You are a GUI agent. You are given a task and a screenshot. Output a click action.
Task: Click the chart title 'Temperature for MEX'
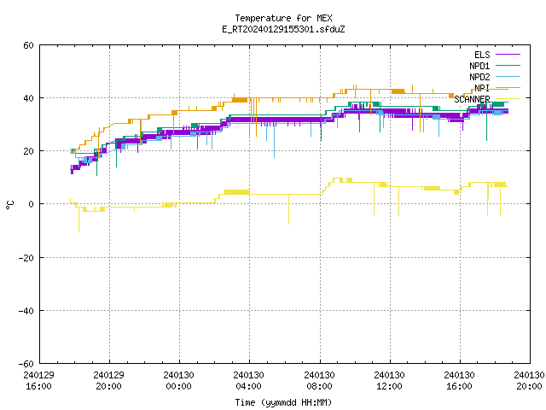click(283, 18)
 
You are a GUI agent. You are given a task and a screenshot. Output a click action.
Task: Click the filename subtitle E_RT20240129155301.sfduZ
click(283, 29)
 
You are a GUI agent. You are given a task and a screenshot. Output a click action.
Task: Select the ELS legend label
click(482, 55)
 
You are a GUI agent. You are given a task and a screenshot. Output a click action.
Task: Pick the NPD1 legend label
click(479, 66)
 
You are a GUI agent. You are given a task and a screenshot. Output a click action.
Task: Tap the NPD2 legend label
click(479, 77)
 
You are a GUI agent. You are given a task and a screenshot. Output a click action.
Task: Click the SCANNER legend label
click(472, 99)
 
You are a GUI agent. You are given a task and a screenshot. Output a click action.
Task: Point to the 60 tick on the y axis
click(28, 45)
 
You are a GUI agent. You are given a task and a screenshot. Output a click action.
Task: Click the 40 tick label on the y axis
click(28, 98)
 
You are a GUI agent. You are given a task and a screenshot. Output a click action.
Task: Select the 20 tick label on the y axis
click(28, 151)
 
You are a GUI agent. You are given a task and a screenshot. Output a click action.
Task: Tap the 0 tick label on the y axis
click(32, 204)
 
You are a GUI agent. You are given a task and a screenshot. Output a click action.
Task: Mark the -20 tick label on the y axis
click(26, 258)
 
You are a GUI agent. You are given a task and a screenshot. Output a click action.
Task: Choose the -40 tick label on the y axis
click(26, 311)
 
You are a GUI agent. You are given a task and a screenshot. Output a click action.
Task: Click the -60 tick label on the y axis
click(26, 364)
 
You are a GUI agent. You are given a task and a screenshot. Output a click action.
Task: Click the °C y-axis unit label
click(9, 205)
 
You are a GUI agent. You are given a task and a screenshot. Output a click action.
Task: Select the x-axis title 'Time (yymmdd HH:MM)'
click(283, 402)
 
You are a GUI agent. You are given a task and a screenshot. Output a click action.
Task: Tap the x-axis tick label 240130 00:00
click(178, 381)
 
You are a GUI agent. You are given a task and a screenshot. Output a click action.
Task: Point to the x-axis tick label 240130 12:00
click(389, 381)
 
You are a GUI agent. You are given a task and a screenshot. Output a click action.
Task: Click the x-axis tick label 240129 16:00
click(38, 381)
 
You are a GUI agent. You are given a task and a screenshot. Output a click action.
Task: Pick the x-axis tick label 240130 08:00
click(319, 381)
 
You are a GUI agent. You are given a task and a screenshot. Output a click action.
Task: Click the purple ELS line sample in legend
click(508, 55)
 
